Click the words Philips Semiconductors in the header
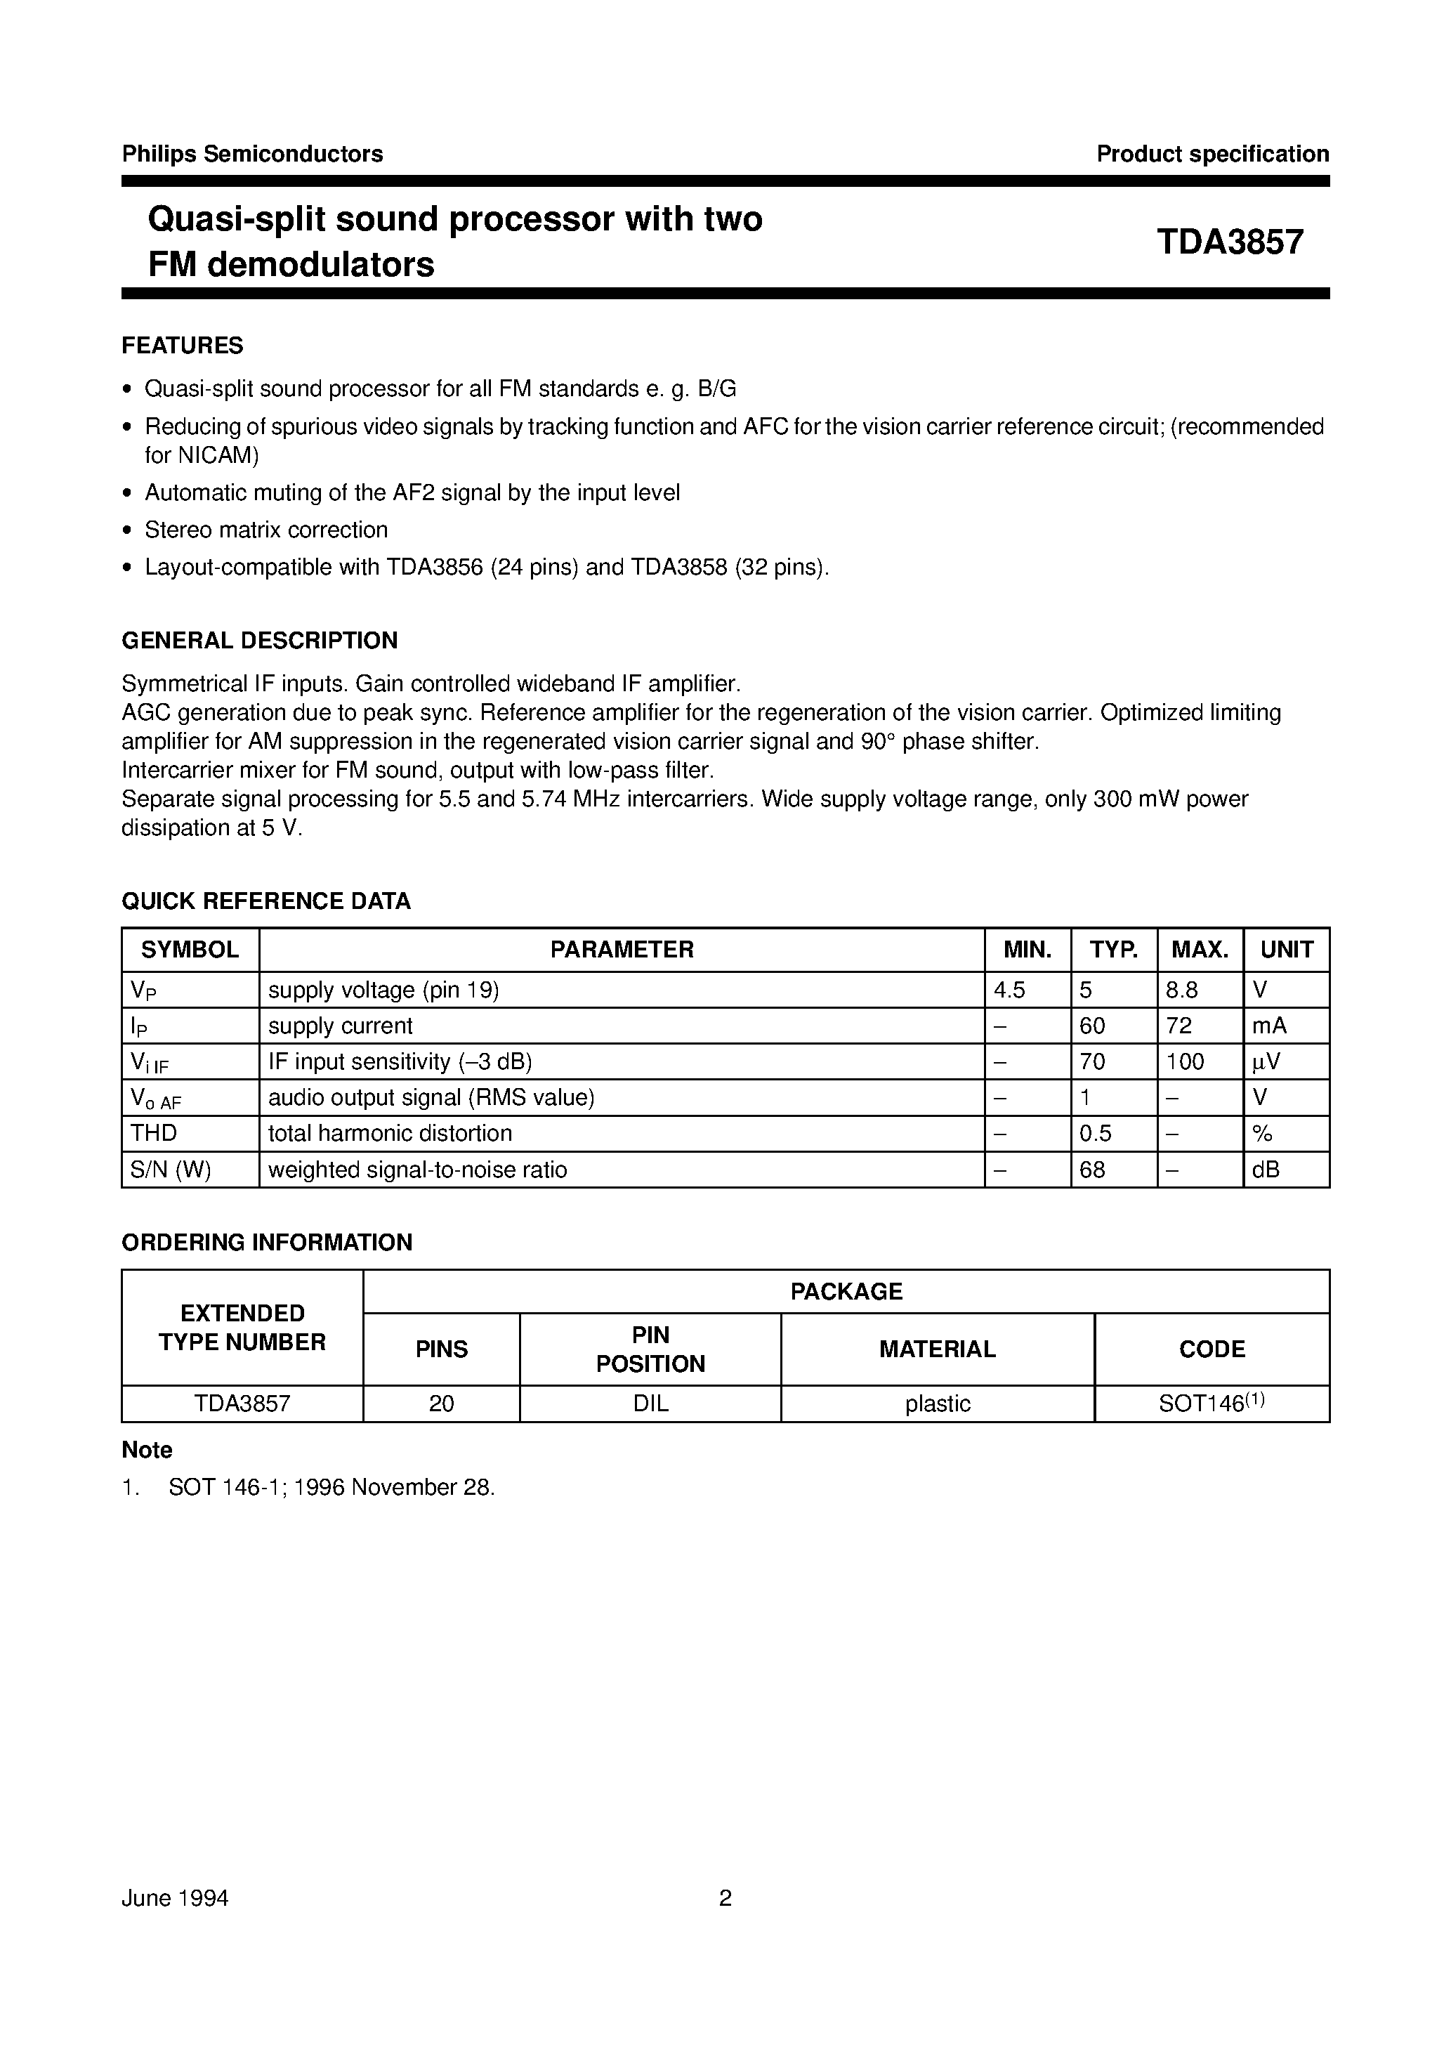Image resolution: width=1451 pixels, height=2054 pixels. click(x=252, y=154)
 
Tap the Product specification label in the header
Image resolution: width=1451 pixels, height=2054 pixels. click(x=1212, y=154)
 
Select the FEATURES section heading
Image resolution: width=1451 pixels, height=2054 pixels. click(x=183, y=346)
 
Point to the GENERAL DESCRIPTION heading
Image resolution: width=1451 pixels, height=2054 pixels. click(x=259, y=641)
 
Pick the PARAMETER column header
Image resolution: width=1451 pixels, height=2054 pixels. click(x=622, y=949)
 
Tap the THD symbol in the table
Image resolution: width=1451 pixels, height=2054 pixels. click(x=154, y=1134)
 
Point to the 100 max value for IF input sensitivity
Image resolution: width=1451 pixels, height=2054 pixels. click(x=1186, y=1062)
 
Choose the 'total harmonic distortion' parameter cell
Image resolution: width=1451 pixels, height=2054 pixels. click(x=390, y=1134)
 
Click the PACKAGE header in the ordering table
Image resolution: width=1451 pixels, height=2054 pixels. click(x=846, y=1291)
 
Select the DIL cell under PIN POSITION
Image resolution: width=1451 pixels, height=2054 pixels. click(x=650, y=1404)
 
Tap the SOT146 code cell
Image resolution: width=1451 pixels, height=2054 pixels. click(x=1212, y=1403)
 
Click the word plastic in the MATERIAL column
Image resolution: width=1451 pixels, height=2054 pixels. click(x=938, y=1404)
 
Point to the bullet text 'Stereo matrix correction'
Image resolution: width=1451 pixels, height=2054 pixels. click(x=267, y=530)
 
